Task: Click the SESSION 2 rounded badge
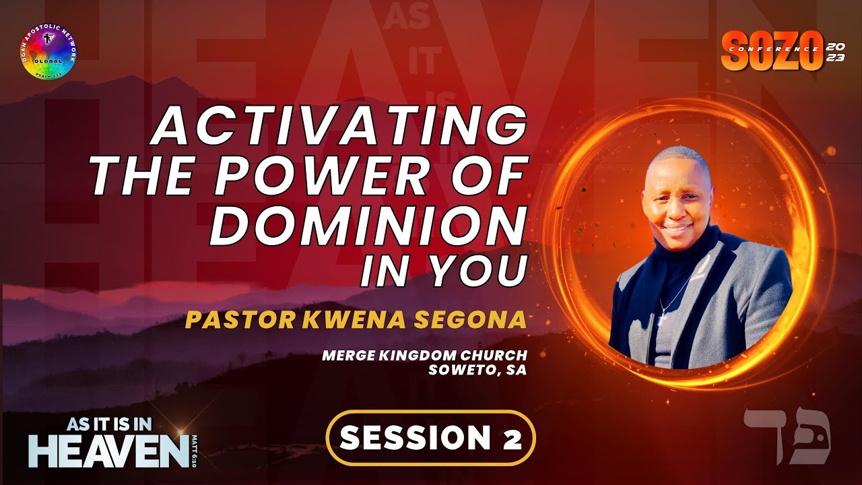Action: click(x=430, y=438)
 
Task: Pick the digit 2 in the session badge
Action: click(x=510, y=439)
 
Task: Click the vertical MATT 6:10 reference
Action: click(x=196, y=448)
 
